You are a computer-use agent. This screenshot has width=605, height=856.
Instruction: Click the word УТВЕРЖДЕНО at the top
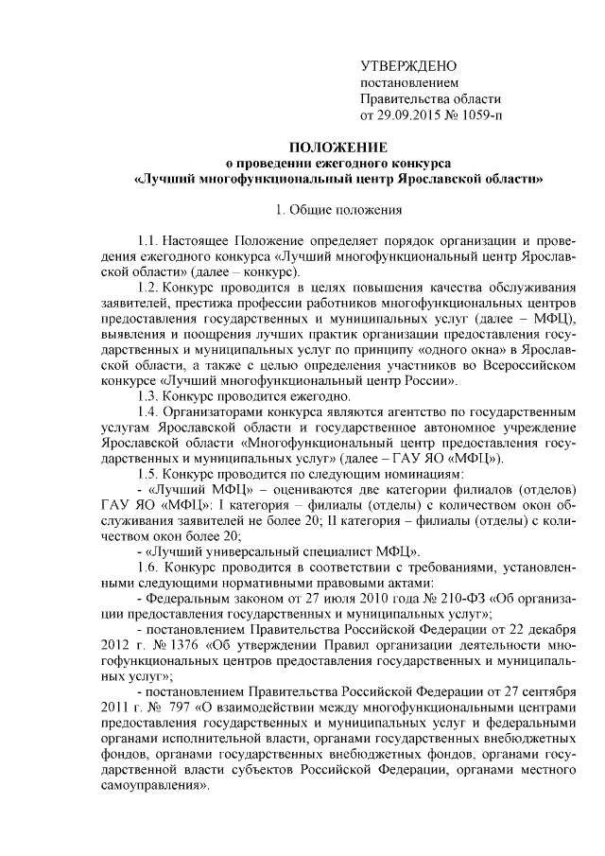coord(409,65)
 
